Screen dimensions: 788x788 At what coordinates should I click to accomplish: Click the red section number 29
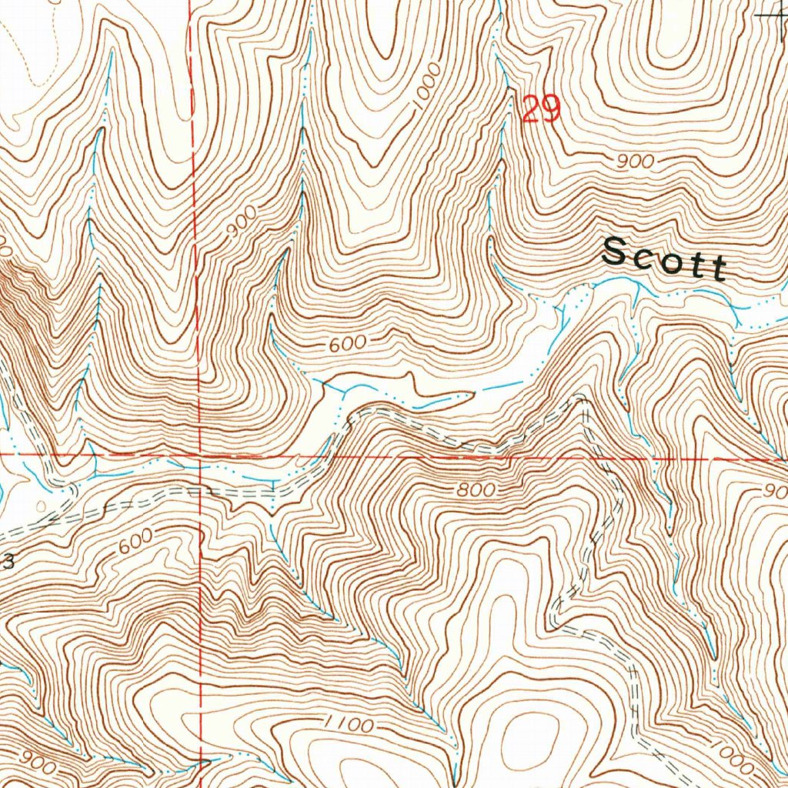click(541, 109)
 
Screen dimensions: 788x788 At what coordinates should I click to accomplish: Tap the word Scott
click(664, 259)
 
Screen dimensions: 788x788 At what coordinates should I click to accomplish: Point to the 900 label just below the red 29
click(635, 162)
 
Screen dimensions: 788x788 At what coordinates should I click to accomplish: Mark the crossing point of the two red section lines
click(199, 455)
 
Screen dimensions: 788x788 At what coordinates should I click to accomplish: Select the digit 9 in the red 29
click(550, 109)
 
